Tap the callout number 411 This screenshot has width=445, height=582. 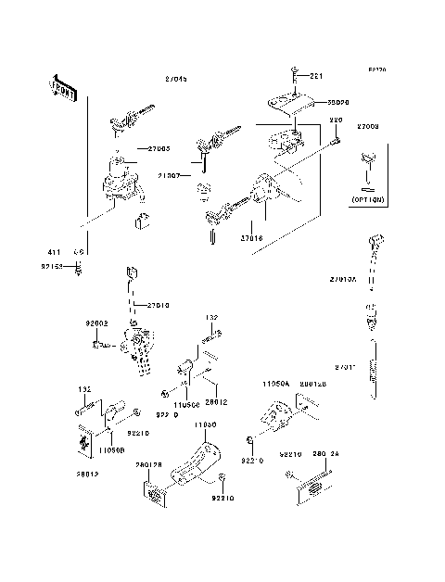[55, 252]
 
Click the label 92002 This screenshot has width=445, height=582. [98, 323]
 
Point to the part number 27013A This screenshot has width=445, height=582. [343, 279]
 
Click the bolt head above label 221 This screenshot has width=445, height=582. [292, 74]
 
